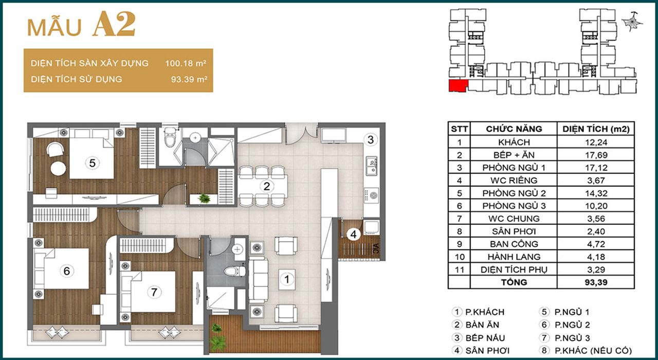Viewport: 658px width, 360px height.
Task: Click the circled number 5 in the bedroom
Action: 92,163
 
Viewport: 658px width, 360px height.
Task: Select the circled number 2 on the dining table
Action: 266,186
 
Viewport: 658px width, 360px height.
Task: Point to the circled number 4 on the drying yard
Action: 353,235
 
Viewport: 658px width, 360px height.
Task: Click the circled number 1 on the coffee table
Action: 287,279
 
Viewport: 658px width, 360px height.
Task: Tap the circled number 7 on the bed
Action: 154,292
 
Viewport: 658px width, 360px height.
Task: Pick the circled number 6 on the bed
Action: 67,271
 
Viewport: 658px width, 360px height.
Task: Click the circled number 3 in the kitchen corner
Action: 371,139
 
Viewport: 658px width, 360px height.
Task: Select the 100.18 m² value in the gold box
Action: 186,63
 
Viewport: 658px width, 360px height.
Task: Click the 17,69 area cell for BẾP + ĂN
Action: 596,155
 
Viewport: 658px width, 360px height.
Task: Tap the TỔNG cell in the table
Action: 514,282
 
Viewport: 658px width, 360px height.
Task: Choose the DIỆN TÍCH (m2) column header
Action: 596,129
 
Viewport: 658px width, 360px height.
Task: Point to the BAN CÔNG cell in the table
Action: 514,244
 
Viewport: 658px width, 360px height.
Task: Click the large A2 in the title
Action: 114,24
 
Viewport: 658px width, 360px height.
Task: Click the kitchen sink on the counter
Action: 371,166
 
